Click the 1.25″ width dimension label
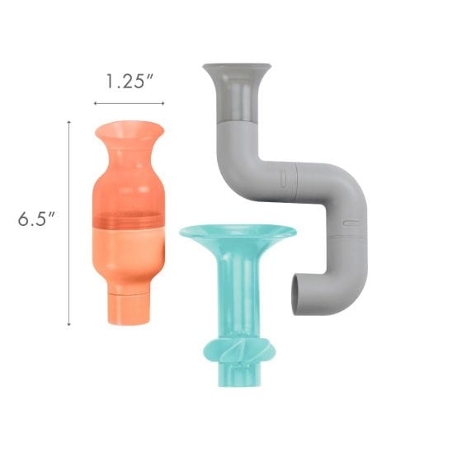[x=130, y=82]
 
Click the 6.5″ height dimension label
[x=36, y=219]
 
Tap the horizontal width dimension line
[x=129, y=103]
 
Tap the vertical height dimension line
[x=69, y=223]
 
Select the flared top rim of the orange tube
[x=129, y=130]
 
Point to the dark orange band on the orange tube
[x=129, y=219]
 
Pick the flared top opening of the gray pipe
[x=237, y=69]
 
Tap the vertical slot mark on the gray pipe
[x=283, y=179]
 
